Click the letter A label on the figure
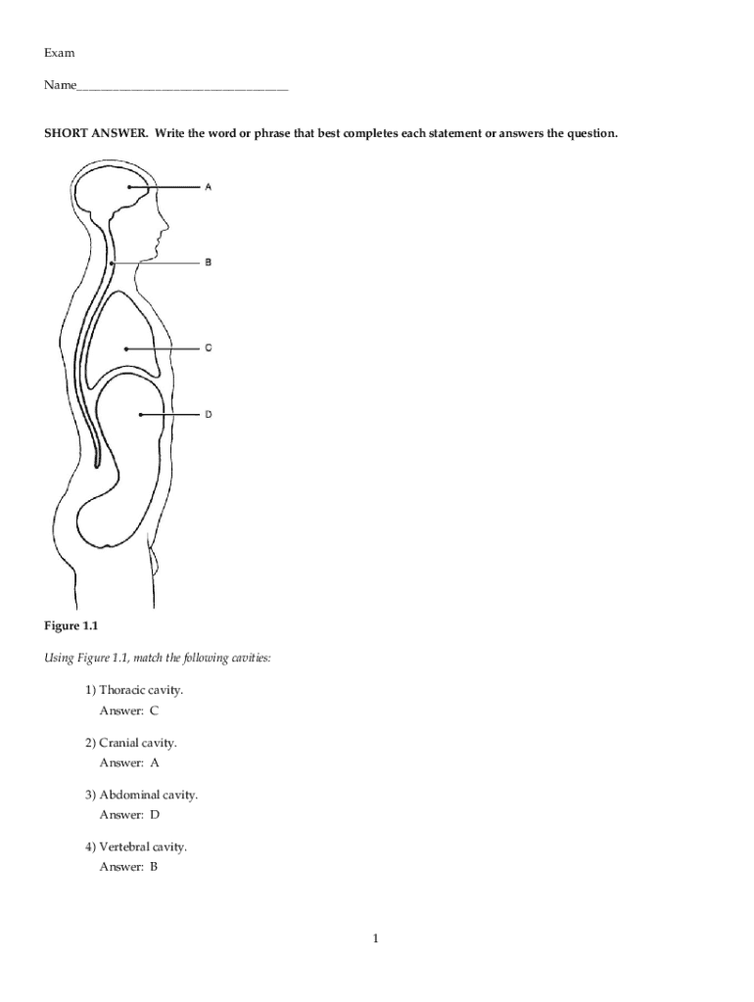(x=208, y=187)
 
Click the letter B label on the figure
(x=208, y=262)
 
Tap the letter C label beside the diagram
(x=208, y=347)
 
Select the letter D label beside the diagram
(x=208, y=414)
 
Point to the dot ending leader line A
(x=128, y=187)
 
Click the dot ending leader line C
(x=127, y=347)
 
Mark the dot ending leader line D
(x=141, y=414)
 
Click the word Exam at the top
(x=59, y=52)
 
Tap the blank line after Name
(x=181, y=87)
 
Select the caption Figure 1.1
(x=71, y=625)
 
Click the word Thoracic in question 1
(x=120, y=690)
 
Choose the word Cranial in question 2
(x=118, y=744)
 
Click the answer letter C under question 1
(x=154, y=711)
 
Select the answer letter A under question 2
(x=154, y=763)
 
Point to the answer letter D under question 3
(x=154, y=815)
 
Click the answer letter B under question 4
(x=154, y=867)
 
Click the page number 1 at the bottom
(x=375, y=939)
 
